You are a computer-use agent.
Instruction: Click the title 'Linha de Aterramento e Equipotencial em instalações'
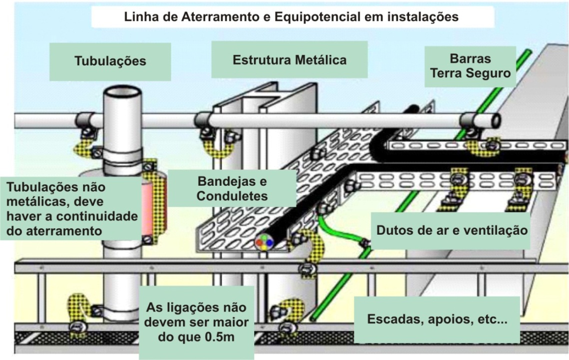click(291, 17)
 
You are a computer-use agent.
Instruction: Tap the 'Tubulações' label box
click(110, 61)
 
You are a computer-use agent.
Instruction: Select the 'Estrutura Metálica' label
click(289, 60)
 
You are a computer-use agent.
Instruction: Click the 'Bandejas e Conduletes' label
click(232, 188)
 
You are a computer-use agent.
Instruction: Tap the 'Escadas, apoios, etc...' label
click(437, 320)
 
